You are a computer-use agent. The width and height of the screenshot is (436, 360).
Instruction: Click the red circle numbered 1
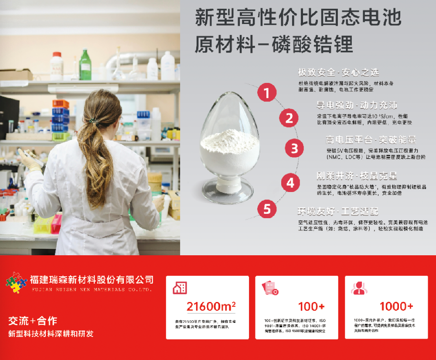pos(267,93)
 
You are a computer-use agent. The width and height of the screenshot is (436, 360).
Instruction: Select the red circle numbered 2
pos(289,118)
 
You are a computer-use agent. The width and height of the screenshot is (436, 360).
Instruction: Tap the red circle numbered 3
pos(295,148)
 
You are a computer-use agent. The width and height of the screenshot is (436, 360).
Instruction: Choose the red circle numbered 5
pos(267,209)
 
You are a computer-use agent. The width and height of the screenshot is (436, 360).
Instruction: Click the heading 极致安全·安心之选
pos(338,72)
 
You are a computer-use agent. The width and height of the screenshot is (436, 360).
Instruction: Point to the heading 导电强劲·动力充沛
pos(357,105)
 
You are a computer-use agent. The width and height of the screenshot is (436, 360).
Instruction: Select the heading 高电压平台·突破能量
pos(371,140)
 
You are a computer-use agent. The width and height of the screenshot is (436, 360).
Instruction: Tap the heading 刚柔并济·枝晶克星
pos(357,176)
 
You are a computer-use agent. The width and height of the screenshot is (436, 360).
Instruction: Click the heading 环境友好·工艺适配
pos(337,212)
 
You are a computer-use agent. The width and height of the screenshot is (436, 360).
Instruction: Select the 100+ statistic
pos(311,306)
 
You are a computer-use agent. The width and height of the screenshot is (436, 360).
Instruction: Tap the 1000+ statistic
pos(396,306)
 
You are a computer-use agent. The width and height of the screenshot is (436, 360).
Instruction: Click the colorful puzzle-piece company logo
pos(17,282)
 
